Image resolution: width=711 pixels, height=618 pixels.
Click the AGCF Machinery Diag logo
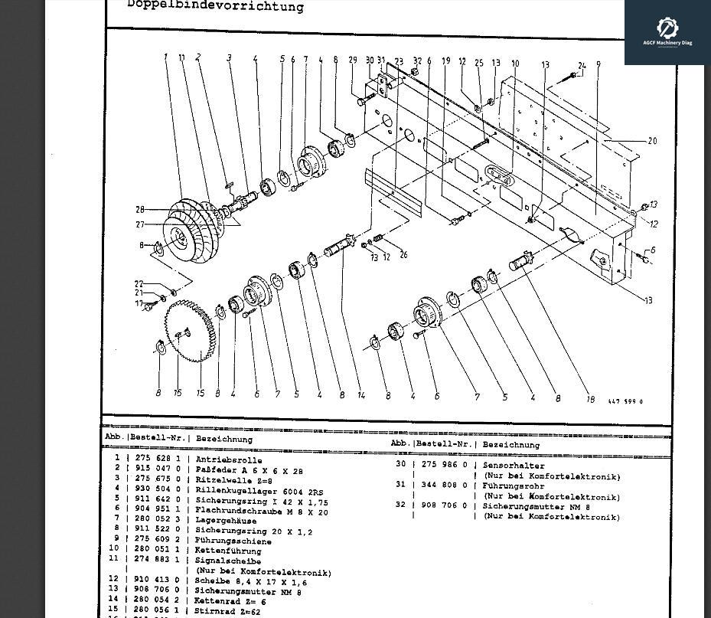click(667, 32)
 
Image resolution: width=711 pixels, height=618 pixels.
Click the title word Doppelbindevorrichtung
click(215, 6)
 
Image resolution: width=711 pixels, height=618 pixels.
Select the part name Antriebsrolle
click(228, 460)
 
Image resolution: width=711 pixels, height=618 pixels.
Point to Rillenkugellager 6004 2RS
click(259, 491)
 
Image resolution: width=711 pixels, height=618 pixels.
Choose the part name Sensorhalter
click(514, 465)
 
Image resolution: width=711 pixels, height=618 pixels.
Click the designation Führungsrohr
click(513, 485)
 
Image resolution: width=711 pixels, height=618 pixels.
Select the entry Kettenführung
click(228, 551)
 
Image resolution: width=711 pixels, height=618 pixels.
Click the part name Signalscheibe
click(228, 561)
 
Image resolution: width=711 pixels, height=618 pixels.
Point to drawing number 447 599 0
click(625, 401)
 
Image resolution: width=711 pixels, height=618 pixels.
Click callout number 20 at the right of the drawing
click(652, 141)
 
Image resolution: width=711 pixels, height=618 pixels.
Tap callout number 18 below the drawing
click(590, 399)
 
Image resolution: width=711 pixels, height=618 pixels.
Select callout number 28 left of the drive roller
click(140, 210)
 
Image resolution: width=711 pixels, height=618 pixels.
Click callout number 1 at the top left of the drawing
click(165, 57)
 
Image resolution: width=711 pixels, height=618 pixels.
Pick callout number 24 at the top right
click(582, 67)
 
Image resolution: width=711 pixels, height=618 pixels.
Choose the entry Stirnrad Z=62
click(228, 611)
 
